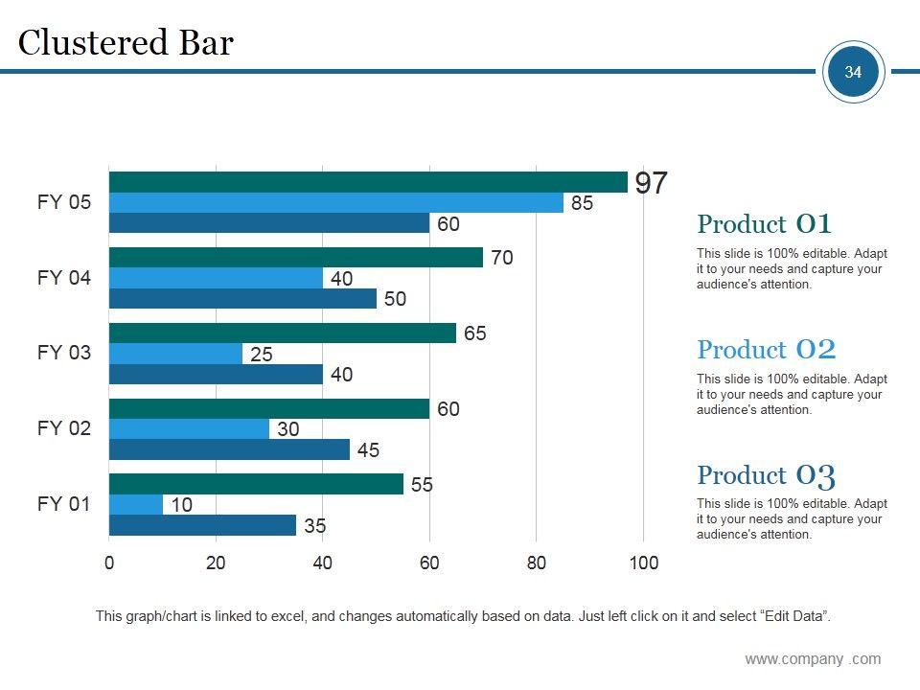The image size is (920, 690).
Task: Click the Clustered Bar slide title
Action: pyautogui.click(x=126, y=43)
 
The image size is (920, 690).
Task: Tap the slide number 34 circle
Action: pyautogui.click(x=853, y=72)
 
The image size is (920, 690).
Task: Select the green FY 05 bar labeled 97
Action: pyautogui.click(x=368, y=182)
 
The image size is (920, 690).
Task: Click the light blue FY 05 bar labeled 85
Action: pyautogui.click(x=335, y=203)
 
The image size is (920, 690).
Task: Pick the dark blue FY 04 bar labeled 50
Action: pyautogui.click(x=242, y=299)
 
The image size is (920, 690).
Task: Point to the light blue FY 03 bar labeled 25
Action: pyautogui.click(x=176, y=354)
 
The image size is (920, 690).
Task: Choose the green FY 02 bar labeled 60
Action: pyautogui.click(x=269, y=409)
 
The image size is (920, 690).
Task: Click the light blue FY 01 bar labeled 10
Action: pyautogui.click(x=136, y=504)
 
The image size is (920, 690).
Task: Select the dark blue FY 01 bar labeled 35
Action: pyautogui.click(x=203, y=525)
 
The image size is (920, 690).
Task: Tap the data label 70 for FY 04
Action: pyautogui.click(x=502, y=258)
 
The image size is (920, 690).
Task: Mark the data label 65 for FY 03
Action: pyautogui.click(x=475, y=333)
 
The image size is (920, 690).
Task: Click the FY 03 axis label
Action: pyautogui.click(x=64, y=353)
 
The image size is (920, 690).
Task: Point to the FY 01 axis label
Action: pyautogui.click(x=64, y=504)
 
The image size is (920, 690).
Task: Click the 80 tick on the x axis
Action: pyautogui.click(x=536, y=563)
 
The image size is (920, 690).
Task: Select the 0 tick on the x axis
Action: pyautogui.click(x=109, y=563)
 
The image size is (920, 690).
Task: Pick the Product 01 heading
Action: pyautogui.click(x=765, y=224)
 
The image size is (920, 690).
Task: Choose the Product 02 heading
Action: pyautogui.click(x=767, y=350)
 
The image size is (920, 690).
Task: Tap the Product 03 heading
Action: pyautogui.click(x=767, y=475)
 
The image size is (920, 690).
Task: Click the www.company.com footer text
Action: pyautogui.click(x=813, y=659)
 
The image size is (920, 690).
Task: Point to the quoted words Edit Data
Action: pyautogui.click(x=793, y=616)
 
